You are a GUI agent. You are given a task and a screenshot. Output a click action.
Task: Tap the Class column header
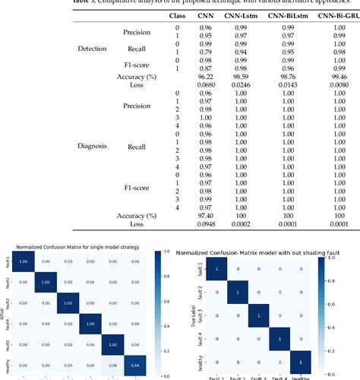tap(178, 15)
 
